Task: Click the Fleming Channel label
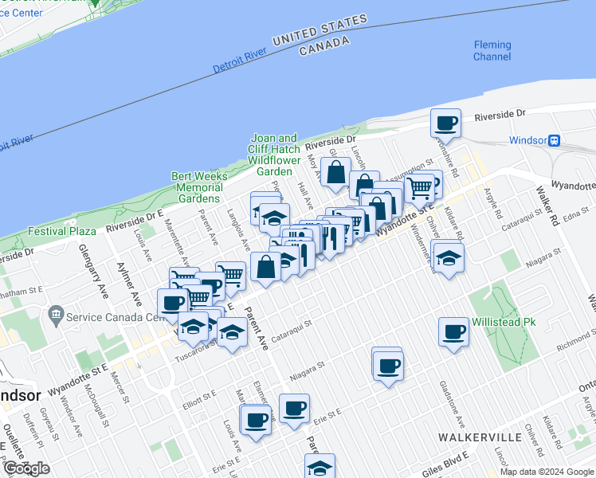(492, 50)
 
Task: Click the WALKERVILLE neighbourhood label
(479, 437)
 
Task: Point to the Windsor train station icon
(552, 140)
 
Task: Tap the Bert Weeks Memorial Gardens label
(199, 187)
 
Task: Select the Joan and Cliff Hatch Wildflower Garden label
(275, 155)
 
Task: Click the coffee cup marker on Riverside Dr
(446, 123)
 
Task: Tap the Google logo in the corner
(25, 468)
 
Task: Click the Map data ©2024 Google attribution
(547, 472)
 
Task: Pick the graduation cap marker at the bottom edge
(320, 466)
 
